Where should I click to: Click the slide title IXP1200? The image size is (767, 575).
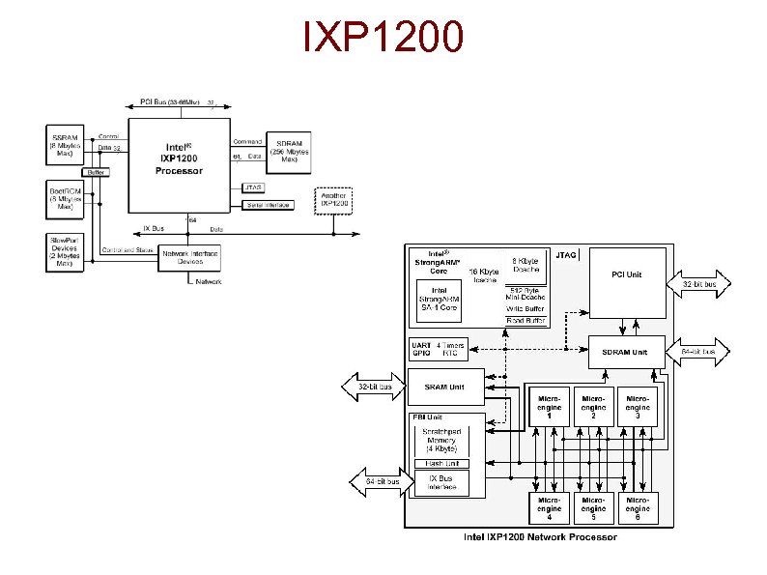click(x=383, y=38)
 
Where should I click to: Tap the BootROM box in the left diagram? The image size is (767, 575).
click(x=64, y=198)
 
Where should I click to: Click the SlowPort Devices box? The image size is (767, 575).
click(x=64, y=251)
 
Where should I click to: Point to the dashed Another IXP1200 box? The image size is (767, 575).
click(x=333, y=202)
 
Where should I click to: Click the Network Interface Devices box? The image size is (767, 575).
click(x=190, y=257)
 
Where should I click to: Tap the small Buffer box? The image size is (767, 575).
click(x=97, y=172)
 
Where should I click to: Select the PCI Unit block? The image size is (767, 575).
click(x=627, y=282)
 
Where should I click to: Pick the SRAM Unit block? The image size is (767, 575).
click(x=444, y=387)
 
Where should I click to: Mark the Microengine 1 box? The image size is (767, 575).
click(x=548, y=407)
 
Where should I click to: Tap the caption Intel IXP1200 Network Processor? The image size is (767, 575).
click(x=539, y=537)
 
